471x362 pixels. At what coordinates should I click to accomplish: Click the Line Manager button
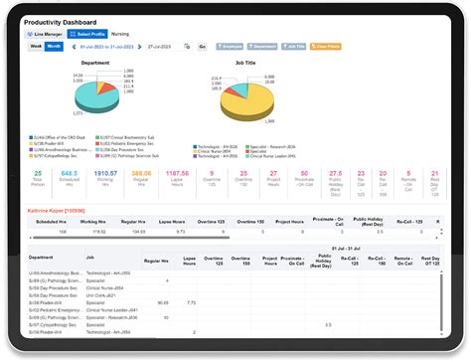click(46, 34)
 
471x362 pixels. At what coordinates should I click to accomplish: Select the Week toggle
click(36, 47)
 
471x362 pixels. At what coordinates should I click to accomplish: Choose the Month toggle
click(54, 47)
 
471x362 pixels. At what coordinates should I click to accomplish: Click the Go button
click(202, 47)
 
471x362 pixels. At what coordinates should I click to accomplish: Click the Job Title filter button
click(294, 47)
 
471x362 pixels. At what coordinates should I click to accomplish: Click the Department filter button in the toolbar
click(263, 47)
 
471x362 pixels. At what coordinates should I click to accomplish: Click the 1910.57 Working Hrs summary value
click(104, 173)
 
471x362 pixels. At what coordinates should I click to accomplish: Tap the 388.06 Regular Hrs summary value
click(141, 173)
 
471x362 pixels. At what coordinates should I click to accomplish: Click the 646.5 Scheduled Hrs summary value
click(69, 173)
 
